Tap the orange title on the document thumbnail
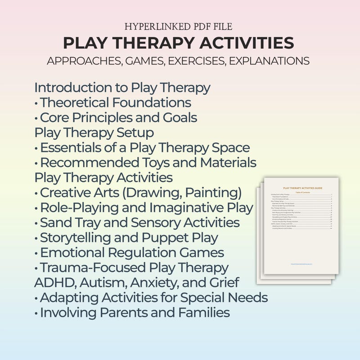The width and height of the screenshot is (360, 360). (x=302, y=187)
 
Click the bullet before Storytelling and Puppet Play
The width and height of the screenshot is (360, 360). (x=36, y=238)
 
